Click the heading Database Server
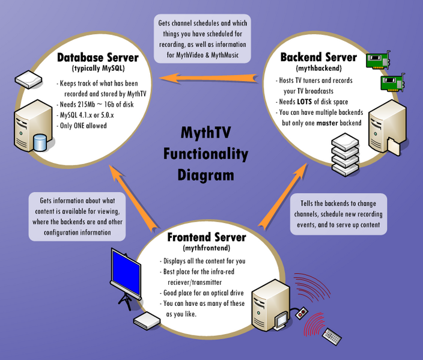tap(98, 58)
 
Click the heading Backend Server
tap(318, 58)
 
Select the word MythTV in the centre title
tap(205, 133)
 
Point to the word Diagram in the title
tap(205, 175)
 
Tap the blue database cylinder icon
tap(40, 142)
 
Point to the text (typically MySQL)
tap(98, 69)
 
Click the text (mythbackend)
tap(318, 69)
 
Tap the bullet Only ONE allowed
tap(84, 125)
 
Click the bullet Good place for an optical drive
tap(203, 293)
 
